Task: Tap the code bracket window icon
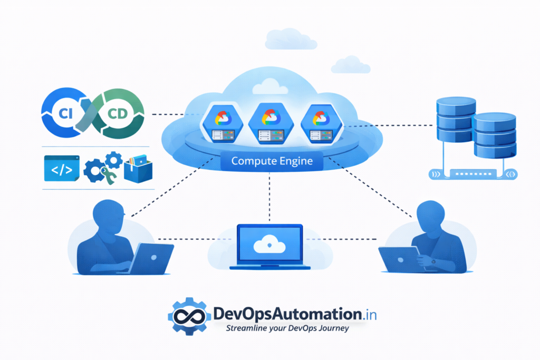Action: coord(62,168)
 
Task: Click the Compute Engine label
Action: coord(272,161)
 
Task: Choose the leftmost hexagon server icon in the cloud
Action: coord(223,124)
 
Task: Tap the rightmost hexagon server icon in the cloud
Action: coord(321,124)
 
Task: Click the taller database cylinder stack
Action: coord(456,120)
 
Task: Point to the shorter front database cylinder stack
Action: coord(495,135)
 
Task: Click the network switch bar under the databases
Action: coord(473,174)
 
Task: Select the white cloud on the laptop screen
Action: coord(269,244)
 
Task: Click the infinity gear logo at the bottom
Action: coord(189,316)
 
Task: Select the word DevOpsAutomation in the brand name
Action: coord(287,314)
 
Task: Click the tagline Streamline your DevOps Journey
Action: coord(287,328)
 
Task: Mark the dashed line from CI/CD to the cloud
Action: coord(168,114)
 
